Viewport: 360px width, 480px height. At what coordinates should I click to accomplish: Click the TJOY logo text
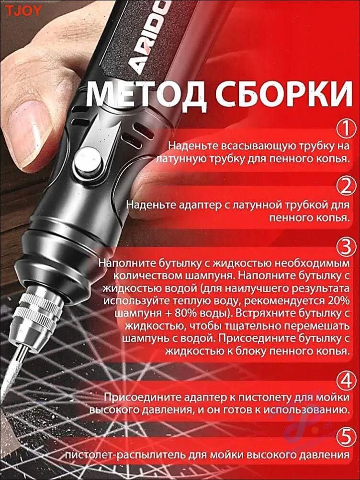pos(23,11)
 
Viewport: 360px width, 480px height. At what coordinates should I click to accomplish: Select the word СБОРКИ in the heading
pos(284,92)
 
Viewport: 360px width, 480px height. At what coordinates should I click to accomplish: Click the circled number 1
pos(347,129)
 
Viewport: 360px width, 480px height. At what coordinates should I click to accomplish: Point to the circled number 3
pos(347,247)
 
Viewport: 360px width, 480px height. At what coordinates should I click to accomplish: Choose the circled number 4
pos(347,382)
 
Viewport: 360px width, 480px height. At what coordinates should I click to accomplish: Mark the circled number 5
pos(347,438)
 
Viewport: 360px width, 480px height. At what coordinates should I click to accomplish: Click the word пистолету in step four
pos(265,397)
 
